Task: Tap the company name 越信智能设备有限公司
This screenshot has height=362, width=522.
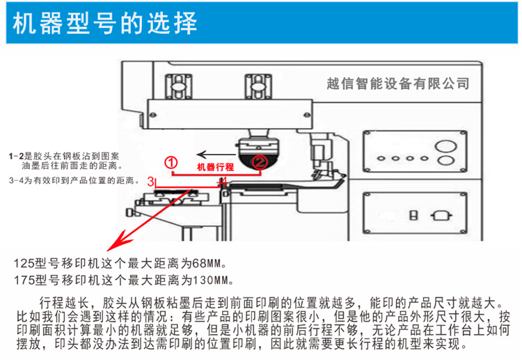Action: click(x=397, y=84)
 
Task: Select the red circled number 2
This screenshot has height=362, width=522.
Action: click(x=259, y=162)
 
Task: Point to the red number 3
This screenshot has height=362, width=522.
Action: click(x=151, y=181)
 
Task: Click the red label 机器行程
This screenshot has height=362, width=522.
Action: click(x=215, y=167)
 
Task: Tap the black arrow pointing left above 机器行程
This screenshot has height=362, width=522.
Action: click(x=213, y=153)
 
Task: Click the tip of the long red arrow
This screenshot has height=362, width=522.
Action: click(x=107, y=251)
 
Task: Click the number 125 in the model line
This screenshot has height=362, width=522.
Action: click(x=24, y=265)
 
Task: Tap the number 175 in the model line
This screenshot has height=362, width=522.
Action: click(x=24, y=281)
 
